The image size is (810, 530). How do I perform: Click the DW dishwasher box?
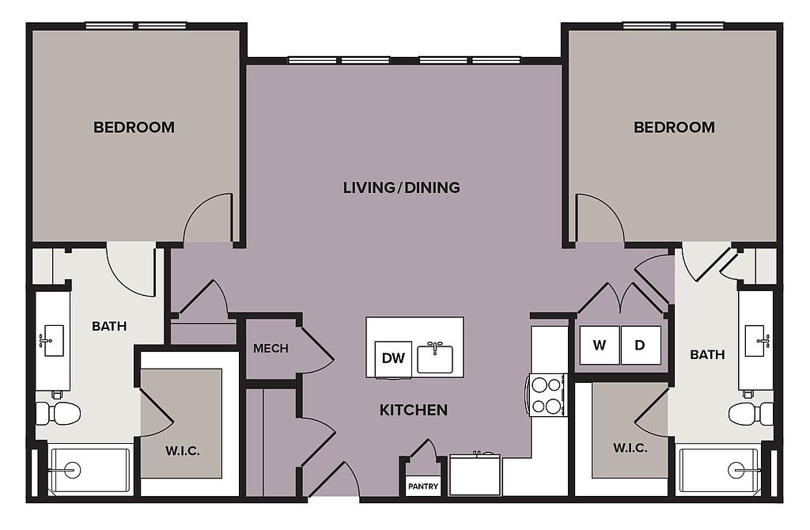click(x=393, y=358)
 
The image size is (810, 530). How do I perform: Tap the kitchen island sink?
click(x=435, y=358)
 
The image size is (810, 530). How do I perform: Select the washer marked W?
click(x=600, y=345)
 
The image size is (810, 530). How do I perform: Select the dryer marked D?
click(x=641, y=345)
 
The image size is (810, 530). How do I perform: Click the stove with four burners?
click(x=547, y=395)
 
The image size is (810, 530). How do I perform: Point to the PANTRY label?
click(x=423, y=486)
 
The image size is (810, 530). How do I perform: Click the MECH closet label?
click(x=271, y=349)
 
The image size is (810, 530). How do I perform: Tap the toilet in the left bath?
click(x=58, y=413)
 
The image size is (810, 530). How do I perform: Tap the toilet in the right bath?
click(x=751, y=413)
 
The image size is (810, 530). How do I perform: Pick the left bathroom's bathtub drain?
click(x=72, y=470)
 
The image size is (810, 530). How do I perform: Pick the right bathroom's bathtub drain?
click(x=737, y=470)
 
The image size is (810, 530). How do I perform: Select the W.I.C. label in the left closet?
click(x=183, y=451)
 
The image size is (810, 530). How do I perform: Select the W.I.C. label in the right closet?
click(x=630, y=448)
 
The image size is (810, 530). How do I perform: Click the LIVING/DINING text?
click(x=401, y=187)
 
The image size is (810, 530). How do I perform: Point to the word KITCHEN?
click(x=413, y=410)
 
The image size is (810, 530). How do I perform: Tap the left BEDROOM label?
click(x=134, y=127)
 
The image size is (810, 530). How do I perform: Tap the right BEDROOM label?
click(x=674, y=127)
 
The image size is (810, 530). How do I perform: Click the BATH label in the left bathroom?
click(x=109, y=327)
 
